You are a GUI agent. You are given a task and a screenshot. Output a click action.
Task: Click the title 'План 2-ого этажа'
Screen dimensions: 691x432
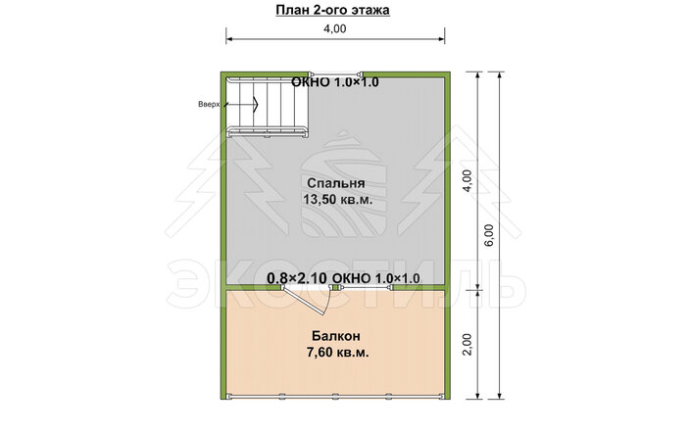pos(332,10)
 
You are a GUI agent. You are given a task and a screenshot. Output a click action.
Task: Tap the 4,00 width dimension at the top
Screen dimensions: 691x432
pos(335,28)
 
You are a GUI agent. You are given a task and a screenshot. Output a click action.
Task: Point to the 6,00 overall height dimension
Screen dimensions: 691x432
pos(490,235)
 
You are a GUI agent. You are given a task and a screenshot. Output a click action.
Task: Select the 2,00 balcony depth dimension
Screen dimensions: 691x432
pos(468,344)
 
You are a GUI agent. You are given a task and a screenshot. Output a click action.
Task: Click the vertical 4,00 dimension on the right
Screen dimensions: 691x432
pos(468,180)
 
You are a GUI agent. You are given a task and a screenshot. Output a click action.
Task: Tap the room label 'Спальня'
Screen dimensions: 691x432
pos(336,183)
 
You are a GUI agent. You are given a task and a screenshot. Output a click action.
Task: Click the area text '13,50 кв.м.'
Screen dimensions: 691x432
pos(337,200)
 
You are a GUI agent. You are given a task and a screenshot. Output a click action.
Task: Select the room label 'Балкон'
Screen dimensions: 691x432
pos(336,336)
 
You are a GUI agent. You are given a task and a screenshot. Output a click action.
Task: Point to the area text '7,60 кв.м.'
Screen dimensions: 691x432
pos(337,353)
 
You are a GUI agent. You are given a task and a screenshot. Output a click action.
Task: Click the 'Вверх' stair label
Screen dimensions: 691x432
pos(208,105)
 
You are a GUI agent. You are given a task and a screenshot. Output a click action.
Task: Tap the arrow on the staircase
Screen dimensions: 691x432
pos(241,105)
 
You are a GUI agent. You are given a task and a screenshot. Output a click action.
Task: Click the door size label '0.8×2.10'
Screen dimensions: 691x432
pos(297,278)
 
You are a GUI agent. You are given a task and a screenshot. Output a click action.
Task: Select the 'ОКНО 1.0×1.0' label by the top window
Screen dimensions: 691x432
pos(335,82)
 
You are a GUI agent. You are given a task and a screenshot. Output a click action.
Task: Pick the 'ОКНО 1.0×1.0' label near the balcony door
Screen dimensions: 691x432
pos(375,278)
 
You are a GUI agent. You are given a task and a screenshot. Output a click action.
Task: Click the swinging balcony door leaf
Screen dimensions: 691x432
pos(304,301)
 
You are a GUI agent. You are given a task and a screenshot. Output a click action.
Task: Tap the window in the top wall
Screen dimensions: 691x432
pos(336,73)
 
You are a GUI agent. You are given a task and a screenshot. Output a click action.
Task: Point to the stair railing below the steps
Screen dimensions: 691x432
pos(267,131)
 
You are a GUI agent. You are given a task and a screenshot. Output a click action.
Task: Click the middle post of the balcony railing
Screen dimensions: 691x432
pos(336,396)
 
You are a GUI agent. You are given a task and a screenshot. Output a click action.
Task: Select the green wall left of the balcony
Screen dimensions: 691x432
pos(223,344)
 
